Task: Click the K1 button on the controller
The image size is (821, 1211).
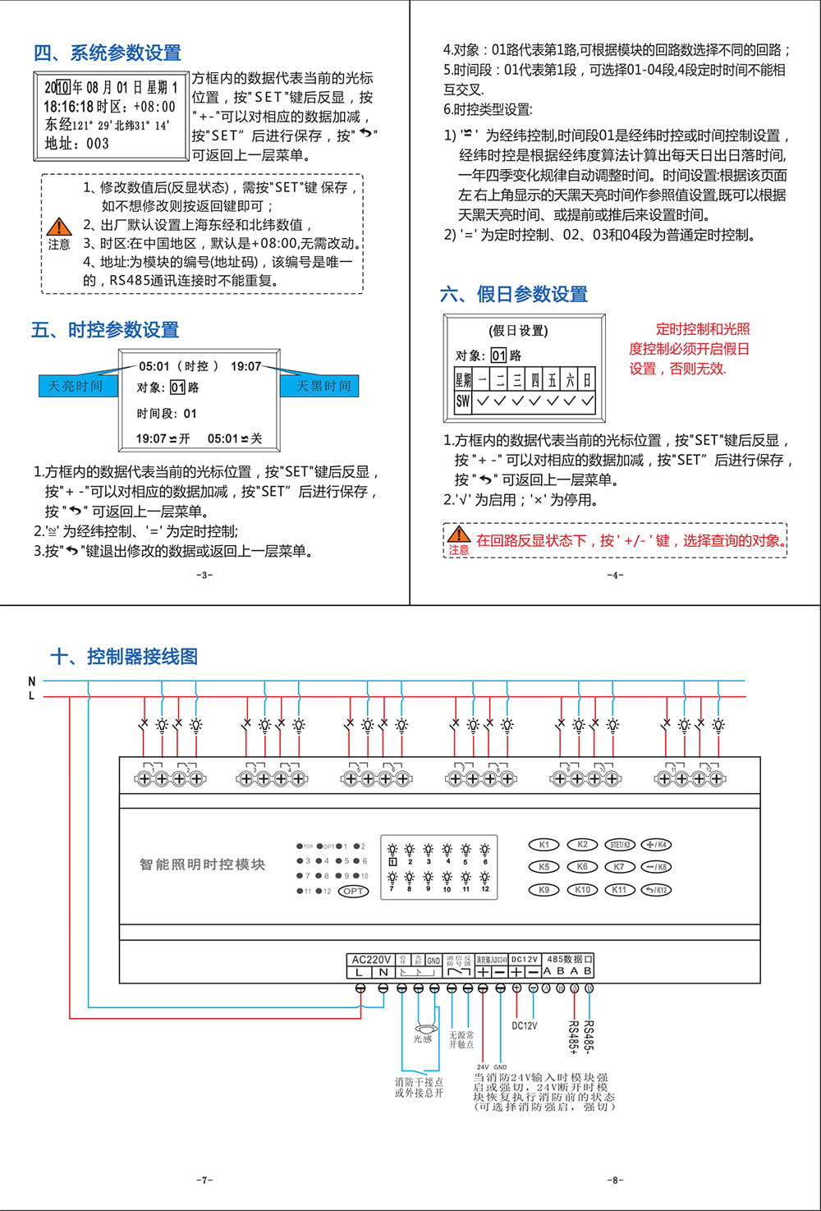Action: (544, 845)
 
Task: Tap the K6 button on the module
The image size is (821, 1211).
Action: (582, 867)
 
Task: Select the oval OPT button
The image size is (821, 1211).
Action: (353, 891)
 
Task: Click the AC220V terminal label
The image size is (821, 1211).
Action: (371, 959)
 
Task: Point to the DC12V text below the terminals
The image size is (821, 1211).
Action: (525, 1025)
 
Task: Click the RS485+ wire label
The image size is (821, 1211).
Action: (573, 1037)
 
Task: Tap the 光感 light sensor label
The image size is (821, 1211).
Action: (422, 1039)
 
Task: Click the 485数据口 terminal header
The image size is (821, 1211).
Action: (569, 959)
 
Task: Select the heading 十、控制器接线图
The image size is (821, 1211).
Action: (124, 656)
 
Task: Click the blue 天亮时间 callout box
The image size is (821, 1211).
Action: (76, 386)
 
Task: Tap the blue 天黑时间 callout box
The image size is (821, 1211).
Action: (323, 386)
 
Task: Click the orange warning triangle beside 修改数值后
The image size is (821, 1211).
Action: (58, 227)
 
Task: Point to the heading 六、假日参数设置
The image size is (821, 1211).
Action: (514, 294)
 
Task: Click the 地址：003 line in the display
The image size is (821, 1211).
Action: (76, 143)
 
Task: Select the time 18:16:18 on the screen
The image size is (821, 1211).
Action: (68, 107)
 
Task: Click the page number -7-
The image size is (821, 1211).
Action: (204, 1180)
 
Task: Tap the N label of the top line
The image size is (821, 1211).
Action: (32, 681)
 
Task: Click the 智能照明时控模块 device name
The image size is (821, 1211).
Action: (202, 865)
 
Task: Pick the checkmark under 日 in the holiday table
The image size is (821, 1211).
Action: (587, 401)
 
